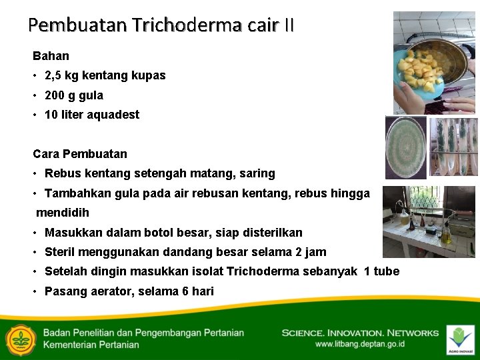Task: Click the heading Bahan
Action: pos(51,56)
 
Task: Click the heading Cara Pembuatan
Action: pos(80,154)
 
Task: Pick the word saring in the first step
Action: pos(259,173)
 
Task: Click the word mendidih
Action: pos(62,213)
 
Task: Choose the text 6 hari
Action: pos(198,291)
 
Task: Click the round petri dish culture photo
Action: pos(406,147)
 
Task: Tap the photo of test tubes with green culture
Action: pos(453,147)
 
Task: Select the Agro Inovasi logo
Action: pos(460,339)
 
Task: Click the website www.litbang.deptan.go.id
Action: pos(360,345)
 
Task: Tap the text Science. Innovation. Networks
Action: pos(360,333)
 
